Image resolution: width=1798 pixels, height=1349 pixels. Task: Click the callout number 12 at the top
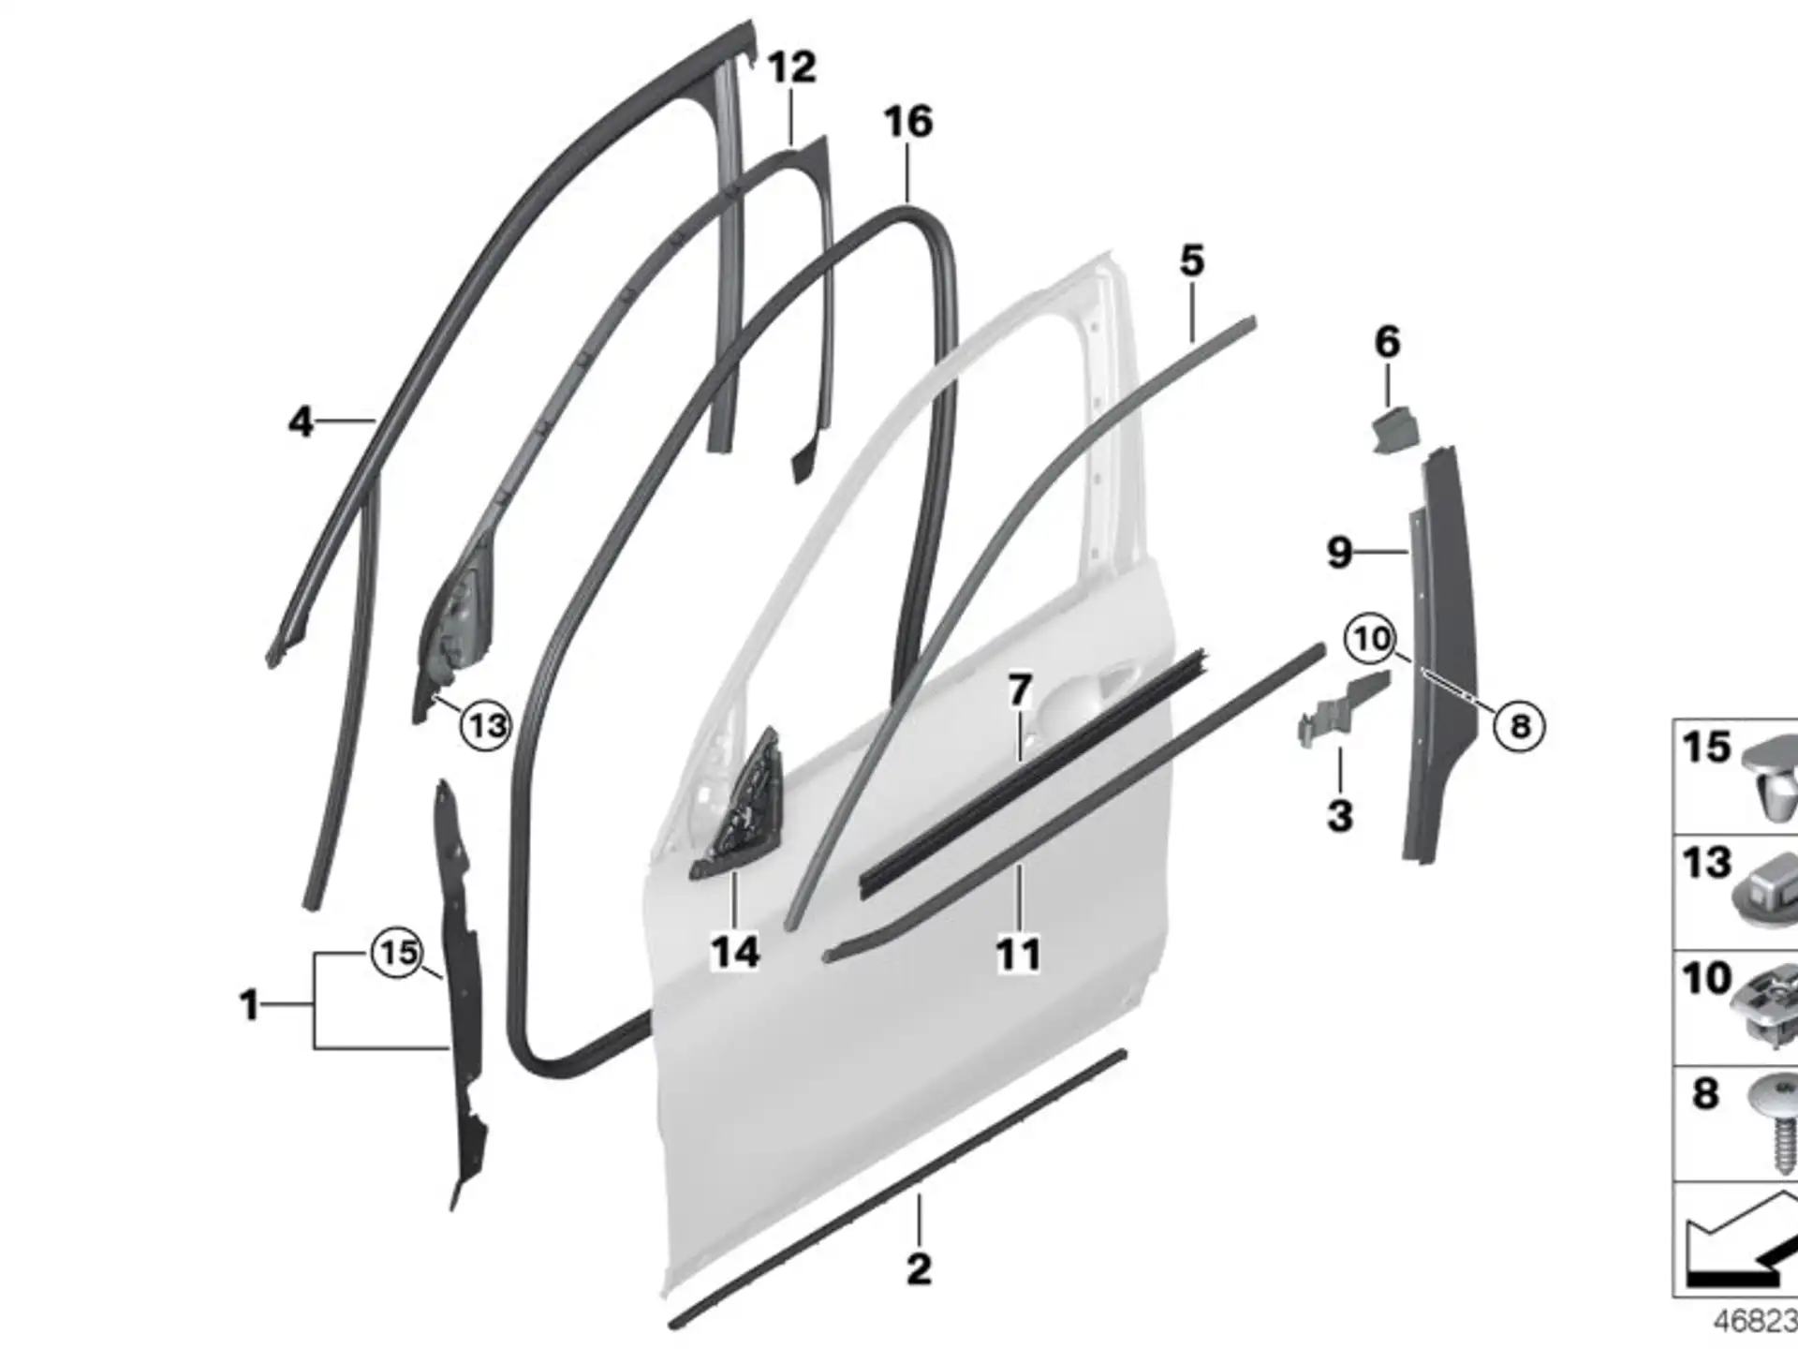pos(791,67)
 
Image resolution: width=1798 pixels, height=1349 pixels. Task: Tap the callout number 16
pos(908,122)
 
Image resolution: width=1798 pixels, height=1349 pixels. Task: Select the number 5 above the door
pos(1191,260)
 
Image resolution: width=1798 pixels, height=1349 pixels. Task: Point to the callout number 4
pos(300,422)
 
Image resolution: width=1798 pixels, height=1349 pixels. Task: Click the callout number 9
pos(1340,553)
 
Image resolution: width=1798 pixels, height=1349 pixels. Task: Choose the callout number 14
pos(735,953)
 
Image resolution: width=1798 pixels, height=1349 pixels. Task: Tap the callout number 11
pos(1018,956)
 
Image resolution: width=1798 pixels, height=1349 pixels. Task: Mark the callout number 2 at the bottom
pos(919,1269)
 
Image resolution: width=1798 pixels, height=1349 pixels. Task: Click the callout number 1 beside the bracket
pos(248,1005)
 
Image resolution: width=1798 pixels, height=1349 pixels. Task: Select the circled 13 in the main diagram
pos(486,725)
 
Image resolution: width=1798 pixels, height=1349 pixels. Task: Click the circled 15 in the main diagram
pos(398,954)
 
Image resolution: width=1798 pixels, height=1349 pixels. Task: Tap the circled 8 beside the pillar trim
pos(1519,725)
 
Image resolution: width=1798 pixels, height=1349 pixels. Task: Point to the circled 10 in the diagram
pos(1371,640)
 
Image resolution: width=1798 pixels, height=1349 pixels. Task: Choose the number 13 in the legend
pos(1706,862)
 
